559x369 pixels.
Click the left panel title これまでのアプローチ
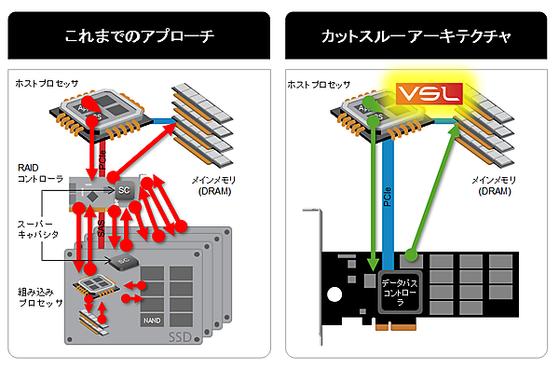140,37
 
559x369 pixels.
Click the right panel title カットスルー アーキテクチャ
418,37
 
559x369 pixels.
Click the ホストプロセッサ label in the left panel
46,83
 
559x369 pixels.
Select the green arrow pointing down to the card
374,186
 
